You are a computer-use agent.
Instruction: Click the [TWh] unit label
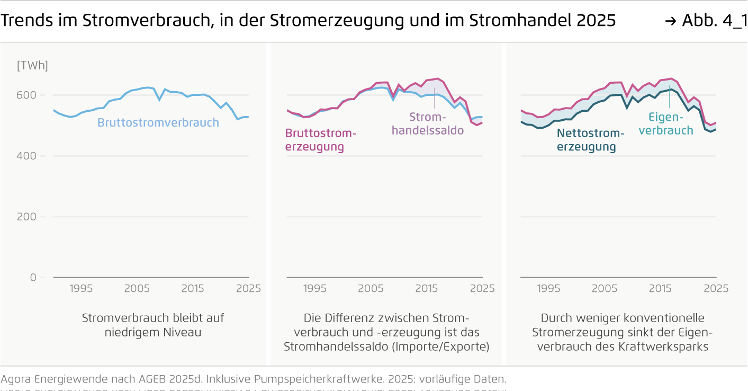tap(32, 66)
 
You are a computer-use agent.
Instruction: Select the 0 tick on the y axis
tap(33, 278)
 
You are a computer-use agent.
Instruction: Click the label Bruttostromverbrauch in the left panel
tap(158, 123)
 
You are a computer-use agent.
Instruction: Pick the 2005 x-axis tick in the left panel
tap(137, 289)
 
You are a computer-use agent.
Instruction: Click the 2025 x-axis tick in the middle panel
tap(482, 289)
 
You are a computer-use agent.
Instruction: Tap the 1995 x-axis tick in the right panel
tap(548, 289)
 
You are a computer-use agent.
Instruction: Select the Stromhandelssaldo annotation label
tap(428, 123)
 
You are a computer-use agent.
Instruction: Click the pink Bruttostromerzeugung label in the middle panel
tap(320, 140)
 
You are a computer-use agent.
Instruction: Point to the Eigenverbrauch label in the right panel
tap(665, 124)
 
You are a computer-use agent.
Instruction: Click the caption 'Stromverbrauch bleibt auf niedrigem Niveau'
tap(153, 325)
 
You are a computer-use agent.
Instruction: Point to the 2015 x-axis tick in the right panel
tap(660, 289)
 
